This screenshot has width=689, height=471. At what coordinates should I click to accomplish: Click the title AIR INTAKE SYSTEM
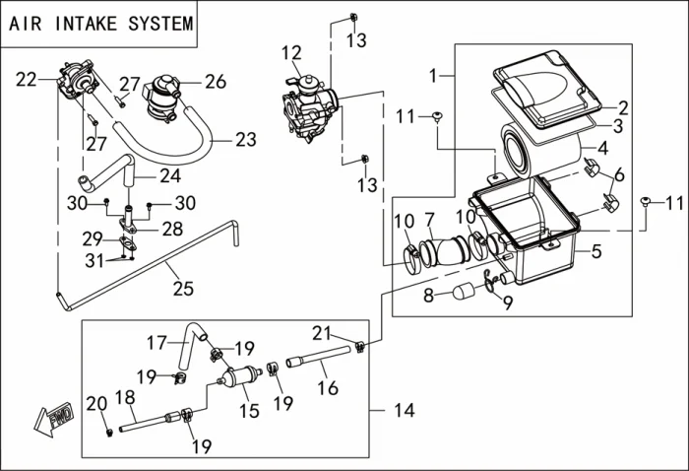coord(100,24)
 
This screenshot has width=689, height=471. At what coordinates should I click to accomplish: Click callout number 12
coord(291,52)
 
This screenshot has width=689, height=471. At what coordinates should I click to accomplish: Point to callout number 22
coord(27,79)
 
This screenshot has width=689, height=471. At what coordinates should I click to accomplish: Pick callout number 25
coord(182,288)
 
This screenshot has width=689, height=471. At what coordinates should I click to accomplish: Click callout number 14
coord(404,409)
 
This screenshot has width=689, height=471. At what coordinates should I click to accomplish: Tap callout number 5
coord(595,252)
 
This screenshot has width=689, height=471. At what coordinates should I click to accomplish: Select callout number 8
coord(429,296)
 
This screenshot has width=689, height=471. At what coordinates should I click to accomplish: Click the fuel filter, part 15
coord(239,378)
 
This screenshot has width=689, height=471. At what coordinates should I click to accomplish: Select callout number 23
coord(244,141)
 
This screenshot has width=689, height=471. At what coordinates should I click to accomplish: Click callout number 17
coord(157,343)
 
